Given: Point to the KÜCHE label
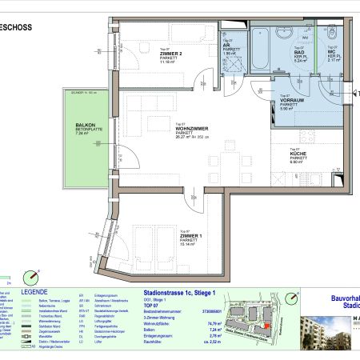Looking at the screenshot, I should point(296,153).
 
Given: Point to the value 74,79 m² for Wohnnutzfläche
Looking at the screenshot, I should point(214,322).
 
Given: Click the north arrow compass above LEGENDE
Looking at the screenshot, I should point(31,276).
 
